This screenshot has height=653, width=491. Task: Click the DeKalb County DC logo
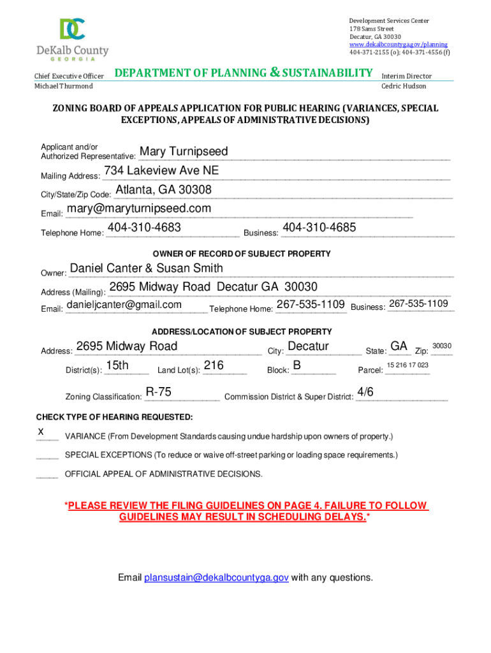pyautogui.click(x=72, y=30)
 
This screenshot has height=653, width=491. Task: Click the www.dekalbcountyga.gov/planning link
pyautogui.click(x=398, y=45)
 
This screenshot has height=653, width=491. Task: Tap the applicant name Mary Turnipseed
pyautogui.click(x=184, y=152)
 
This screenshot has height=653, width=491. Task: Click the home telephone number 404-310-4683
pyautogui.click(x=144, y=228)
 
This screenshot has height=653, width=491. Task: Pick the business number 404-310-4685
pyautogui.click(x=319, y=228)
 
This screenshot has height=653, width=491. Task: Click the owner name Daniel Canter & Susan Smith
pyautogui.click(x=146, y=268)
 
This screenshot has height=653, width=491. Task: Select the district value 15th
pyautogui.click(x=117, y=365)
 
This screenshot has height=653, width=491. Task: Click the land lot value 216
pyautogui.click(x=214, y=365)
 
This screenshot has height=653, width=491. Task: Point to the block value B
pyautogui.click(x=297, y=365)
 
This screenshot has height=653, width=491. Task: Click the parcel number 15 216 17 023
pyautogui.click(x=407, y=365)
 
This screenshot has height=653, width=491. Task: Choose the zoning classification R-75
pyautogui.click(x=158, y=392)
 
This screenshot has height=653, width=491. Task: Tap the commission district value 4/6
pyautogui.click(x=365, y=392)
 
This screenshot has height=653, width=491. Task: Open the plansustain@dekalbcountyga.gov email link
pyautogui.click(x=216, y=578)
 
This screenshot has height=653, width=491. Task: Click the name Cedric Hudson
pyautogui.click(x=404, y=86)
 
